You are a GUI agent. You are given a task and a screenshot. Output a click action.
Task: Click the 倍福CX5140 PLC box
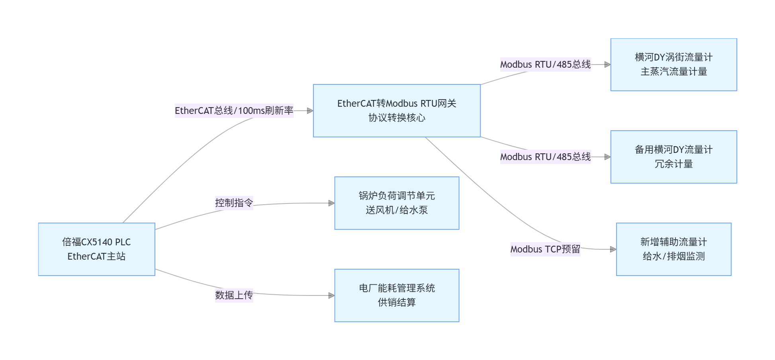click(96, 249)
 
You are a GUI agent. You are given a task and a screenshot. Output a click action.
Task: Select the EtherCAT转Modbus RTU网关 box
click(397, 110)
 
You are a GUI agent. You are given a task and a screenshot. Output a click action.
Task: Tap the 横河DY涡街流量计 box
click(673, 65)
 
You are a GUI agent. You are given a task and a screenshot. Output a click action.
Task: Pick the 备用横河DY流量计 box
click(673, 157)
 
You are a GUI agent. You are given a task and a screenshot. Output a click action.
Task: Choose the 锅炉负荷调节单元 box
click(397, 203)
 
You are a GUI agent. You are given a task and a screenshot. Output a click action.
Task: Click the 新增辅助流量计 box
click(673, 249)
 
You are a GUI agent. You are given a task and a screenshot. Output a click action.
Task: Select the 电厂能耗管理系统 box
click(397, 295)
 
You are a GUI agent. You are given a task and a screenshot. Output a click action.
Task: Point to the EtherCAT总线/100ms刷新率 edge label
click(234, 111)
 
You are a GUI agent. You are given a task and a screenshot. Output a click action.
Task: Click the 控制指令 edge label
click(234, 203)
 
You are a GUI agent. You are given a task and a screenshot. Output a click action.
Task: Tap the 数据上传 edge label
click(234, 295)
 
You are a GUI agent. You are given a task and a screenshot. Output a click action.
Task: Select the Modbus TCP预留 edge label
click(545, 249)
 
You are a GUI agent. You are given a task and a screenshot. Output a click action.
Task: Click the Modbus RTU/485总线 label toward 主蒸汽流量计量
click(545, 65)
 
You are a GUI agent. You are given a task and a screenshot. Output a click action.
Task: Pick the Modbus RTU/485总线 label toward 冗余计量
click(545, 157)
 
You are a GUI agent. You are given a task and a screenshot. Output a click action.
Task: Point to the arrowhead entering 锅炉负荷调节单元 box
click(331, 203)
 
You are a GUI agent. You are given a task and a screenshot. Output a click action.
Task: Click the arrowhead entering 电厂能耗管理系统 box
click(331, 295)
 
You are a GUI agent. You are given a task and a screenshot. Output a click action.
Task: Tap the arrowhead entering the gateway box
click(310, 111)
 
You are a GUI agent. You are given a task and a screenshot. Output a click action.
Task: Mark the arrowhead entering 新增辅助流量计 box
click(613, 249)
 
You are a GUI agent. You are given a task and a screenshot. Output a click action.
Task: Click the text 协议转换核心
click(397, 118)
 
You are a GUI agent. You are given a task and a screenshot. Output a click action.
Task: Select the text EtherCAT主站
click(96, 256)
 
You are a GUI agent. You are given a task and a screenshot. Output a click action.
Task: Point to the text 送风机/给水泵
click(397, 210)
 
